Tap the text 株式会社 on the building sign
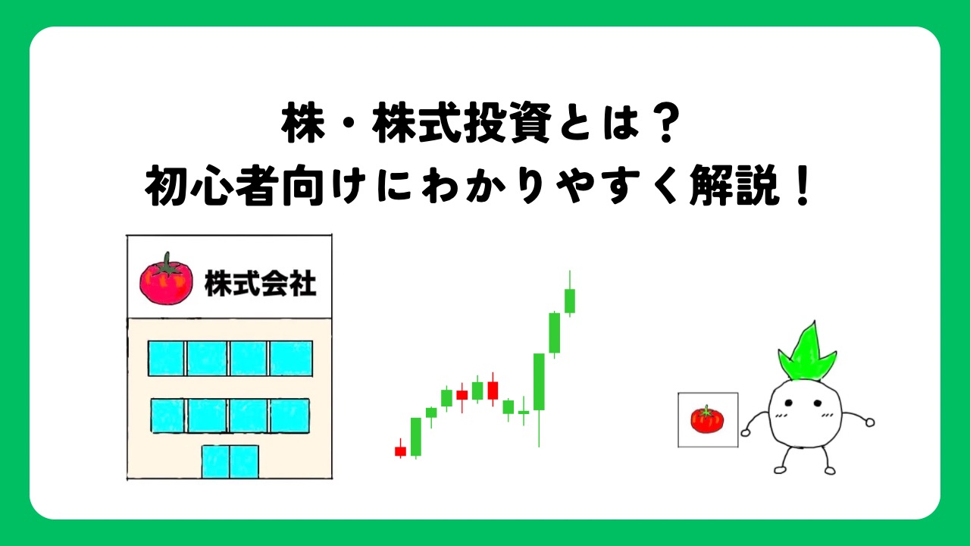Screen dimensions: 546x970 click(260, 281)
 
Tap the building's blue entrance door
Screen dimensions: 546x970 click(230, 461)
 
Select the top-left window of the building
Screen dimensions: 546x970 click(167, 358)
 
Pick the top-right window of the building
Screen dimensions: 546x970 click(291, 358)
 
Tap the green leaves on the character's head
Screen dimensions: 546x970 click(806, 353)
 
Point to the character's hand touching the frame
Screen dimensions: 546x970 click(746, 431)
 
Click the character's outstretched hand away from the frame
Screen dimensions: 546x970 click(869, 422)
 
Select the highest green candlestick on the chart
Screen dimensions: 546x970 click(569, 300)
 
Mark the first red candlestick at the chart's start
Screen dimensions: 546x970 click(400, 451)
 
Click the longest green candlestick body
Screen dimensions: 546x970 click(539, 381)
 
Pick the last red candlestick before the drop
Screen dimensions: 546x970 click(493, 390)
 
